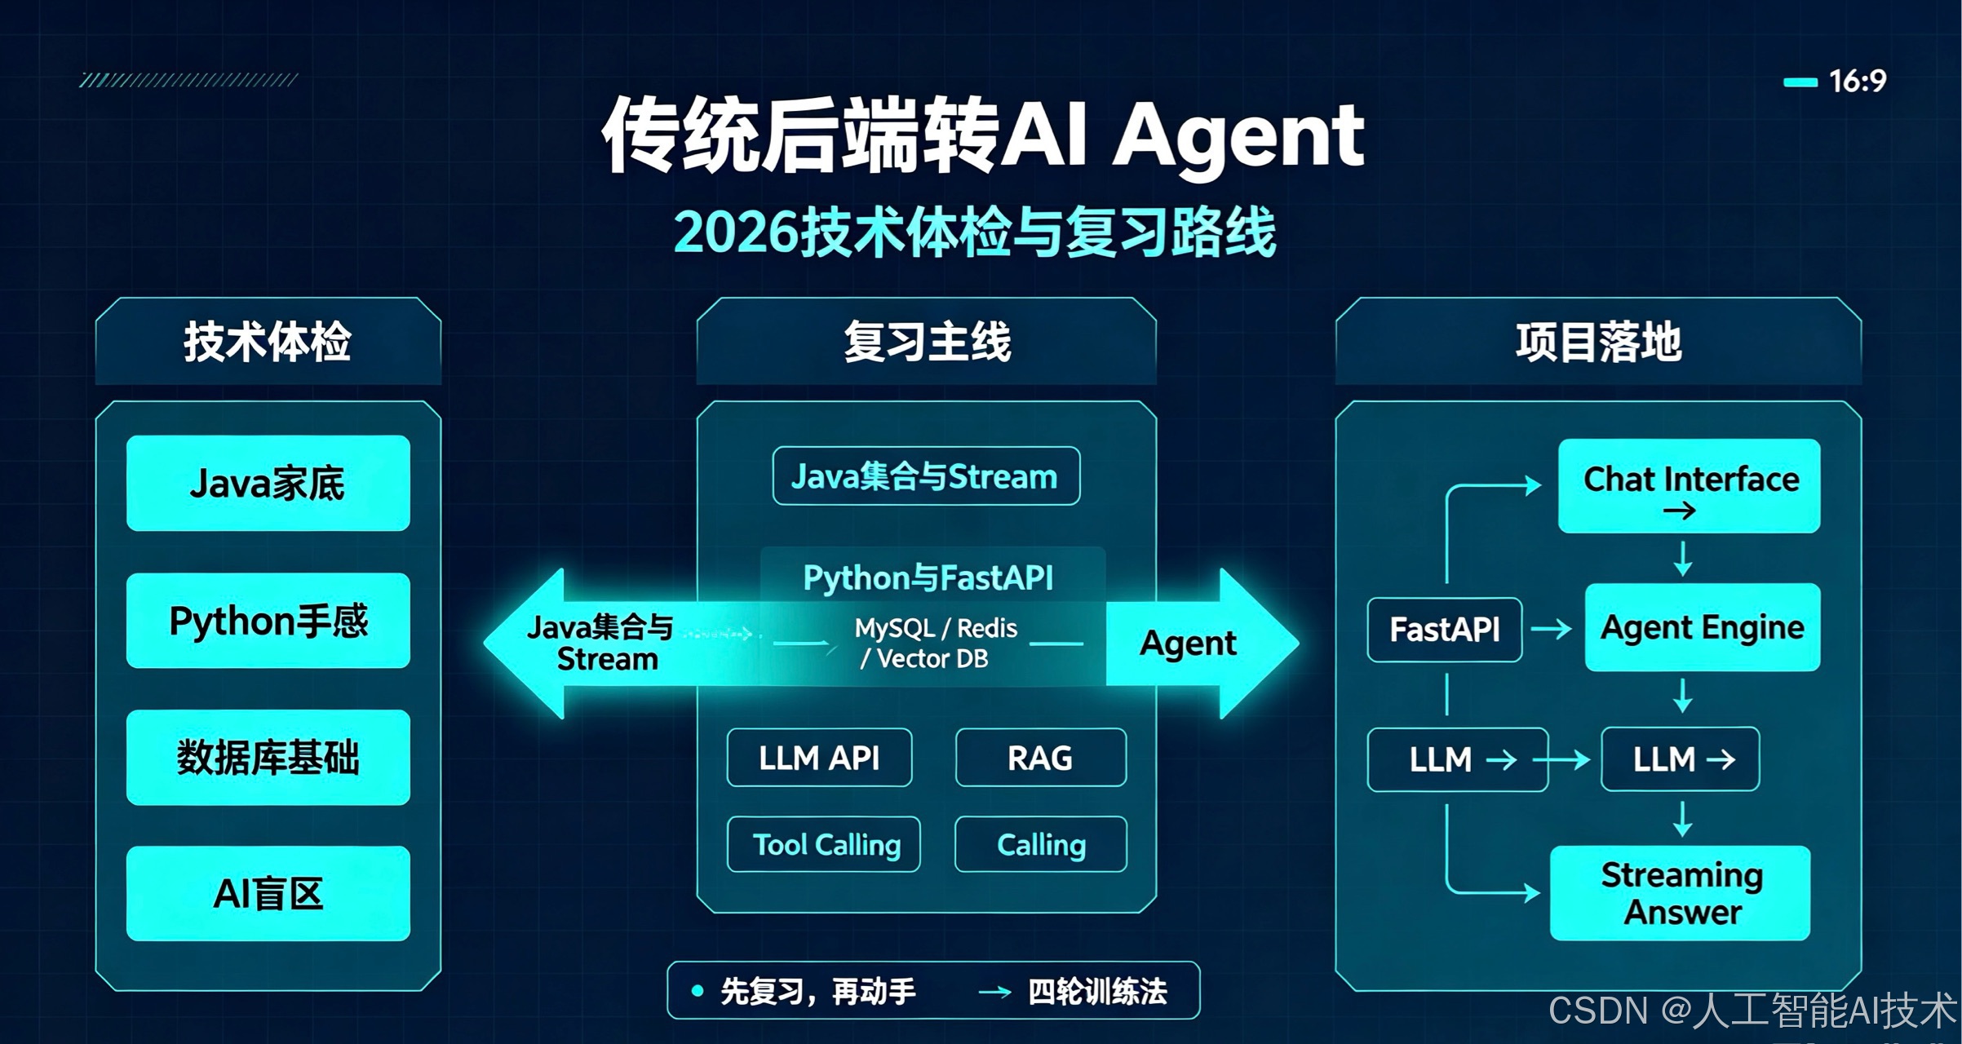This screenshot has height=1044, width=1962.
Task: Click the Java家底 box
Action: [x=268, y=483]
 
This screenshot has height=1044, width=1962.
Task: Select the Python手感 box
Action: [x=268, y=621]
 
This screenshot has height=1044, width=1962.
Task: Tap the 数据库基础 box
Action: [x=268, y=758]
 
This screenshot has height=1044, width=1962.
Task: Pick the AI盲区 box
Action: [x=268, y=894]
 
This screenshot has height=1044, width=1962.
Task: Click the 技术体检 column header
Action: [x=268, y=341]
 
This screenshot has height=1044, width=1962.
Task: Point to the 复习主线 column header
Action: [x=927, y=341]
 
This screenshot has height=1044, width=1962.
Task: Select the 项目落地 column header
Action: [x=1598, y=341]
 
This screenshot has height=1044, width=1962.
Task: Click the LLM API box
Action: [x=819, y=758]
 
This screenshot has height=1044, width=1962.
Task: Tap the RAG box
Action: [x=1041, y=758]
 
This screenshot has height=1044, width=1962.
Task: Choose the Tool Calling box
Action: [x=824, y=844]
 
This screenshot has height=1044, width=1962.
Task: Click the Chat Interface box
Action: [x=1690, y=486]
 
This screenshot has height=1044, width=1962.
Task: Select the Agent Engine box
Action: [x=1703, y=627]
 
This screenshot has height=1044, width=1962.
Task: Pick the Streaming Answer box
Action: [x=1681, y=893]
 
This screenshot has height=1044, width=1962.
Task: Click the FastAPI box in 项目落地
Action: [x=1445, y=630]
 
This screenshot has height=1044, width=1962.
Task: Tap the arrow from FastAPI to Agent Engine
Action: [x=1551, y=629]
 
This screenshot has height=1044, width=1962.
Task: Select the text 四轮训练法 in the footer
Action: [x=1097, y=992]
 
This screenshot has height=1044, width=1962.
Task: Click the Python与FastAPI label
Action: [x=928, y=577]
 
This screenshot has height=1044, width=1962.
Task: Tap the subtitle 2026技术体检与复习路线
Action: [x=975, y=232]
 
